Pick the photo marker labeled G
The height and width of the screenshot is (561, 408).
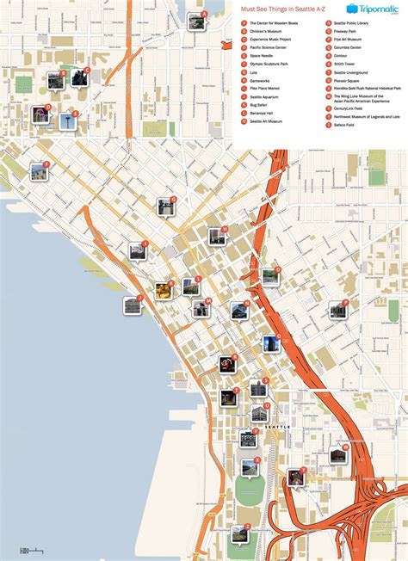point(166,207)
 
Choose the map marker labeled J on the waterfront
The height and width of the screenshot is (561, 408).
point(133,305)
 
